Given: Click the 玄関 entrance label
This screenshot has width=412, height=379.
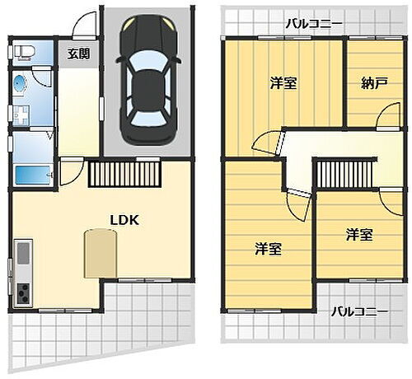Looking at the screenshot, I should click(x=79, y=54).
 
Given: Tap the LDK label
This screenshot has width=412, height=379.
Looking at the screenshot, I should click(x=125, y=220).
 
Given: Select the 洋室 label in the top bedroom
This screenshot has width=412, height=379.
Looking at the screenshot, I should click(x=283, y=82).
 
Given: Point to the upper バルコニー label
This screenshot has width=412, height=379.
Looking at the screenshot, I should click(x=314, y=24).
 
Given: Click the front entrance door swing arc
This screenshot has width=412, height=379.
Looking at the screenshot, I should click(x=82, y=27).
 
